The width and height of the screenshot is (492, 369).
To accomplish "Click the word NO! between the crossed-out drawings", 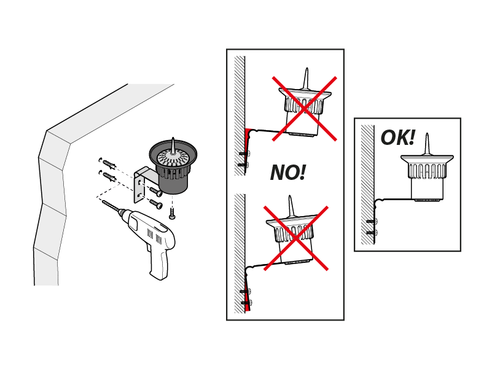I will tap(287, 173).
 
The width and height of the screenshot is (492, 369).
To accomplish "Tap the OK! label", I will tap(397, 138).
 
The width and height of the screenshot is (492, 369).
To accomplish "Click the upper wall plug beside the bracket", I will tap(109, 164).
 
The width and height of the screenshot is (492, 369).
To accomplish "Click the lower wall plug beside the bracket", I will tap(109, 177).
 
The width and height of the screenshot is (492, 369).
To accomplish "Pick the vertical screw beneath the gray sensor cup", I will tap(173, 212).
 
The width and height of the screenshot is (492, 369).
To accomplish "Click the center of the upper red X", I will tap(305, 108).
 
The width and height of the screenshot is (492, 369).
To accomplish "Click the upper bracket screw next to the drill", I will tap(157, 192).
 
